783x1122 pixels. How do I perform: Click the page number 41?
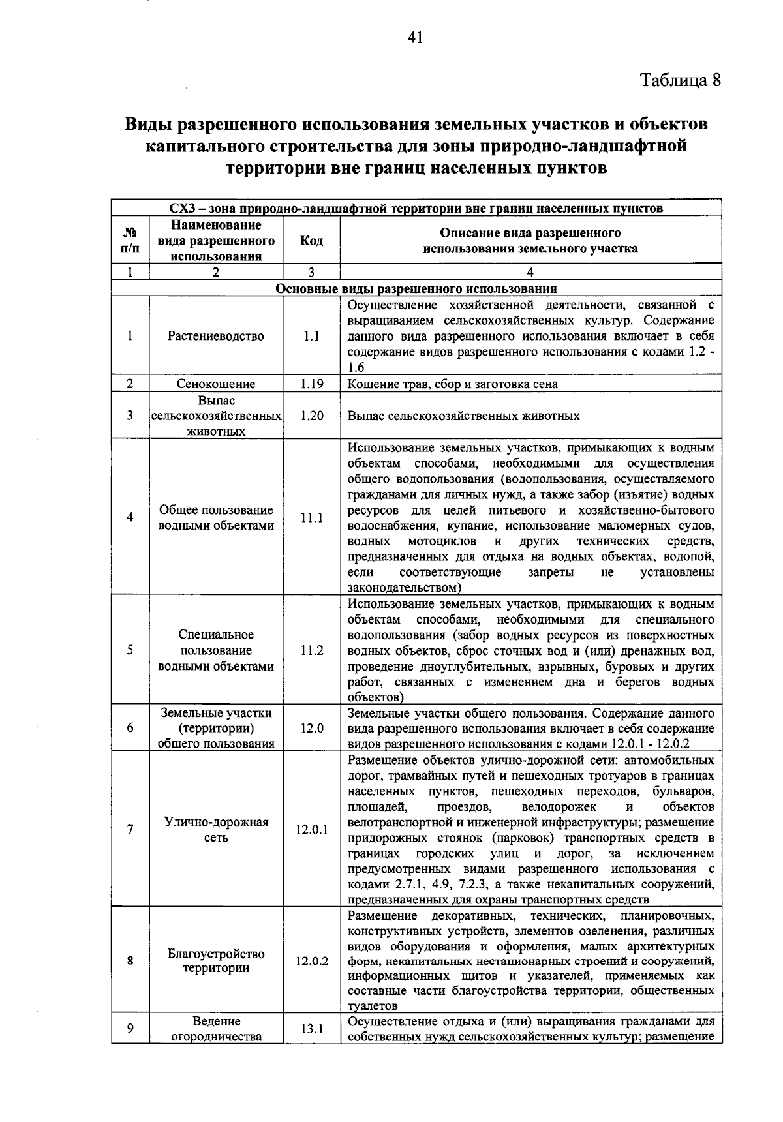(415, 38)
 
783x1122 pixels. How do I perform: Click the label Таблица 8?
(681, 80)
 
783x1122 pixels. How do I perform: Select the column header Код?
(311, 241)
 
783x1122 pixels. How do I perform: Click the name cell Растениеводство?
(216, 336)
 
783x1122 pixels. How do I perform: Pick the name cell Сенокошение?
(216, 384)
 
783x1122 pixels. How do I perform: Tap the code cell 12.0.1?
(311, 830)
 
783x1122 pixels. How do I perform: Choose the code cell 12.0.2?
(311, 961)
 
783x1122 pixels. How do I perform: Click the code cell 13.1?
(311, 1029)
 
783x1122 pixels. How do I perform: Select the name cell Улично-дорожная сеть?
(216, 830)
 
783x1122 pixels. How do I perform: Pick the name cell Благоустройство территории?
(216, 961)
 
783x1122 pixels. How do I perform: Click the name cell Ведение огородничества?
(216, 1029)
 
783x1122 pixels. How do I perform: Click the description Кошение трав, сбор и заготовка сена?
(453, 384)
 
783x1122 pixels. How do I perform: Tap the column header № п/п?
(130, 241)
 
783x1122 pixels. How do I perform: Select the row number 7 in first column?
(130, 830)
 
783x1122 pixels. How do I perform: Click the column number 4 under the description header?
(530, 273)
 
